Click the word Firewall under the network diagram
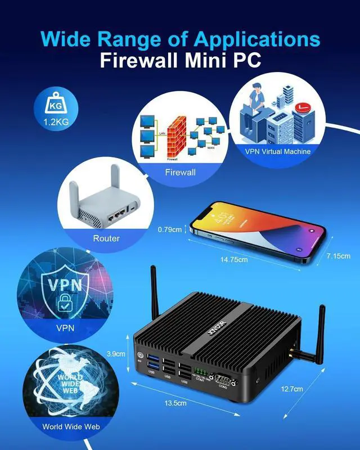point(180,172)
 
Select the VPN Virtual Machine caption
point(277,151)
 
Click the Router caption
point(106,238)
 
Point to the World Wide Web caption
point(71,426)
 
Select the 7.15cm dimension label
point(339,256)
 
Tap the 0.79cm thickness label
point(170,229)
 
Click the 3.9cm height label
point(115,354)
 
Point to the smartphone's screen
point(259,229)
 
